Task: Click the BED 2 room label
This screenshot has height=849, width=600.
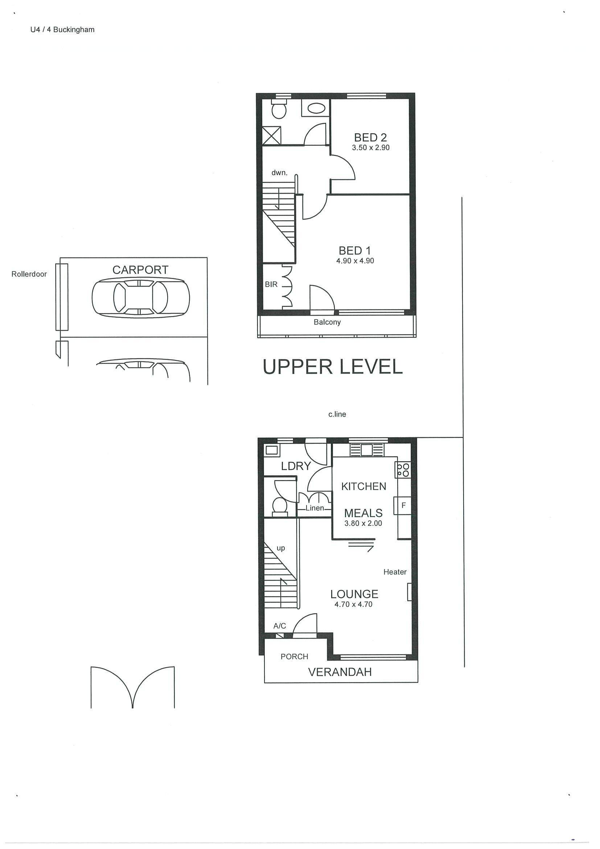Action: click(370, 138)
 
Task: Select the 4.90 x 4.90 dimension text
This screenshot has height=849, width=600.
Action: click(355, 261)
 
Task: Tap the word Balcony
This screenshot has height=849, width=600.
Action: click(327, 322)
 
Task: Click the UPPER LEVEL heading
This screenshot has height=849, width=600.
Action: click(332, 367)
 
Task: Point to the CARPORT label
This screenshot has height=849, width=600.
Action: click(140, 270)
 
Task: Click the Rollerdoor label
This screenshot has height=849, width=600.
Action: click(29, 274)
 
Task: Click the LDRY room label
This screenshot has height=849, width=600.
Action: click(296, 466)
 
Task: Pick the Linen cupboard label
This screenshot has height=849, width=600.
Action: click(315, 508)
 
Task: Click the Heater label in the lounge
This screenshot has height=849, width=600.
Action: click(395, 572)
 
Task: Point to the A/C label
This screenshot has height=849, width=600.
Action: click(279, 626)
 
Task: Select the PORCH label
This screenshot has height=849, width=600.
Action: click(294, 657)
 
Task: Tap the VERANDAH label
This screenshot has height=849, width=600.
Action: click(340, 672)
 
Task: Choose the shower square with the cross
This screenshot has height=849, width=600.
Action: click(272, 135)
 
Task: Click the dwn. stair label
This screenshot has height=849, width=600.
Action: click(279, 173)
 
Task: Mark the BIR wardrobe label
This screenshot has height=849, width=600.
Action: click(271, 284)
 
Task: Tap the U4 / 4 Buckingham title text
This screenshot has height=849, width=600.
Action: click(62, 30)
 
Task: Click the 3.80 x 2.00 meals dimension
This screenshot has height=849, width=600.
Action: click(363, 523)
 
